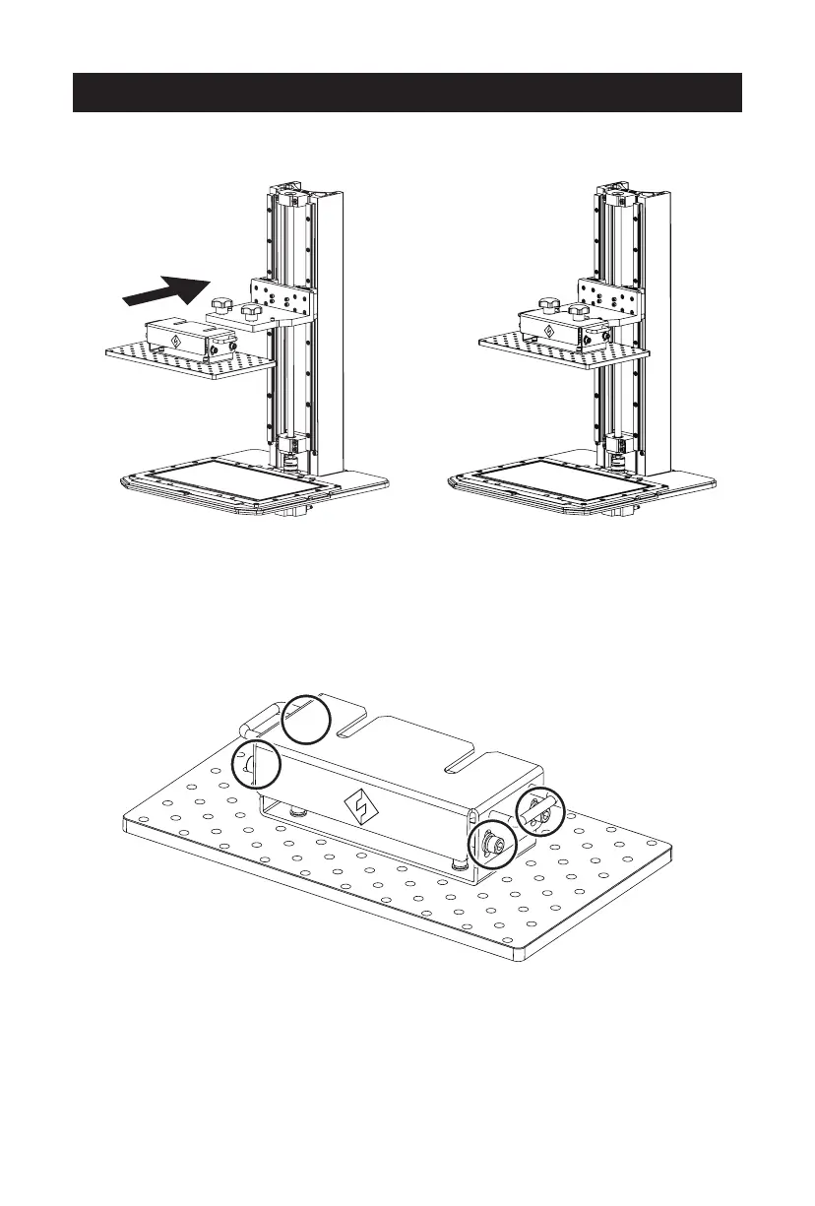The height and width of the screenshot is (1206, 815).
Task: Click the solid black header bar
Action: pos(407,92)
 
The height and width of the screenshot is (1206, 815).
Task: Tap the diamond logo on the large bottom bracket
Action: pos(363,807)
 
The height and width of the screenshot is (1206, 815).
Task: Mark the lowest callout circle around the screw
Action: pos(490,843)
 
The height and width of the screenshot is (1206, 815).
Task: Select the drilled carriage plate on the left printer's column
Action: pos(285,295)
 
